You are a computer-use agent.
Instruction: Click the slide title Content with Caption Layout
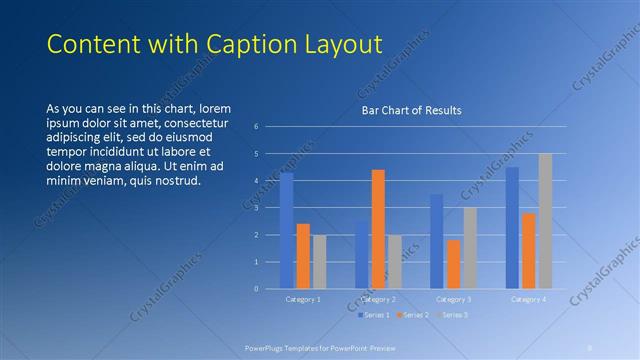coord(215,44)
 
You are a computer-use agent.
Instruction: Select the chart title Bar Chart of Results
coord(411,110)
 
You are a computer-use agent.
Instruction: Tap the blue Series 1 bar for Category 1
coord(287,230)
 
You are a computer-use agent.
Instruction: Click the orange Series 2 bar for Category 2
coord(378,229)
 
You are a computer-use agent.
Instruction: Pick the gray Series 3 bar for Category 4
coord(545,221)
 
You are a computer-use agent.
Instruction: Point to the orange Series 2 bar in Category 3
coord(453,264)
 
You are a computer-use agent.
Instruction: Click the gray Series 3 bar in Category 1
coord(319,262)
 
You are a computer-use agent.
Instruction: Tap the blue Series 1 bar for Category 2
coord(362,255)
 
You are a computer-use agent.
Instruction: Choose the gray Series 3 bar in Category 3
coord(469,248)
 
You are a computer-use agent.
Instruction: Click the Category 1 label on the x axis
coord(303,299)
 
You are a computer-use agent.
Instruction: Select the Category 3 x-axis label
coord(453,299)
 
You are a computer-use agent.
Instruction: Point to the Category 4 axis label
coord(528,299)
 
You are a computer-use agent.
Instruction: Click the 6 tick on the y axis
coord(257,127)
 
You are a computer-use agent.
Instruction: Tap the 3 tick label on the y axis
coord(257,208)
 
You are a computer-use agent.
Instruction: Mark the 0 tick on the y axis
coord(257,289)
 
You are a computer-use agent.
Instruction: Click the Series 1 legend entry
coord(373,315)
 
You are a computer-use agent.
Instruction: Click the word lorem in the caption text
coord(216,108)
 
